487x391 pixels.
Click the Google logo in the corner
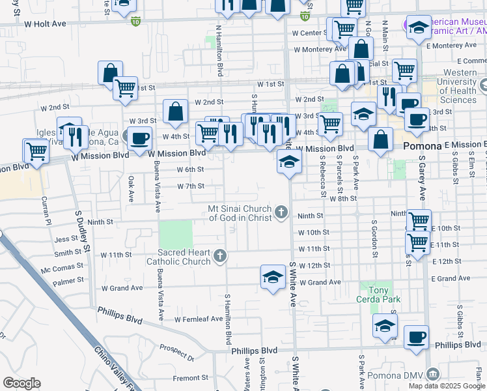click(x=21, y=383)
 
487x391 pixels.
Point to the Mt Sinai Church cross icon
click(x=281, y=211)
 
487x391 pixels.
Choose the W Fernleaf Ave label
click(x=199, y=319)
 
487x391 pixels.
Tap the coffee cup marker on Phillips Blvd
click(x=415, y=338)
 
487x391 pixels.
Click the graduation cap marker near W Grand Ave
click(x=273, y=276)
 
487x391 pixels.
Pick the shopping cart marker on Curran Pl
click(x=36, y=152)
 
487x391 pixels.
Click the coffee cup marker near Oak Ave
click(x=139, y=139)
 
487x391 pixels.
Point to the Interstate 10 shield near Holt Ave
click(x=135, y=22)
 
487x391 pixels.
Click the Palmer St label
click(x=64, y=282)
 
